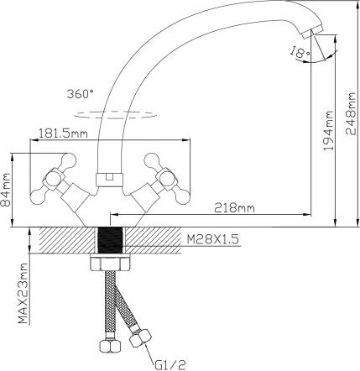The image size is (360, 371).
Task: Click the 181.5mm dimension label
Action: coord(64,132)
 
